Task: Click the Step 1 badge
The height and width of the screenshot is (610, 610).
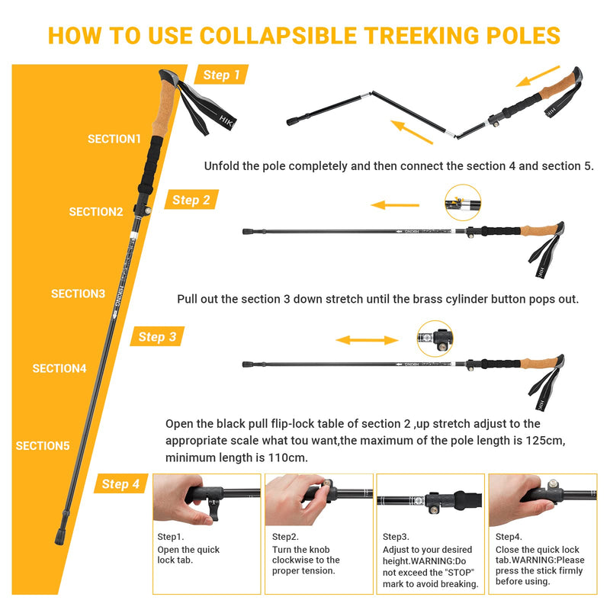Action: (221, 75)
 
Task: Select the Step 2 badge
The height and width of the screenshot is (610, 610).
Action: (191, 200)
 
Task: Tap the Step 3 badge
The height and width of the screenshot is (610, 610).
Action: (157, 336)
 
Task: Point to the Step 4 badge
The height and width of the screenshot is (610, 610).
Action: (120, 483)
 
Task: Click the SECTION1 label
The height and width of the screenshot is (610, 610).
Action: (114, 139)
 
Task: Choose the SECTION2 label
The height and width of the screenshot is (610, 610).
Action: (96, 212)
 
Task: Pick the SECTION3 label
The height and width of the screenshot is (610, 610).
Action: (78, 294)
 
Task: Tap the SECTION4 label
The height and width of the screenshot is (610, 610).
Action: (59, 368)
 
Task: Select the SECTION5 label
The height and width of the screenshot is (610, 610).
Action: (43, 445)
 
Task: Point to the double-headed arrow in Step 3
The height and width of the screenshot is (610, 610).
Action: (367, 341)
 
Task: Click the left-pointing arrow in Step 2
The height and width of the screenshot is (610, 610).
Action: (395, 205)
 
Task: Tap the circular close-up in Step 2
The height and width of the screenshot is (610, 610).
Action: (462, 203)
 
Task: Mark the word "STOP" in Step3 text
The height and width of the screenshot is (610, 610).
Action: (459, 573)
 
